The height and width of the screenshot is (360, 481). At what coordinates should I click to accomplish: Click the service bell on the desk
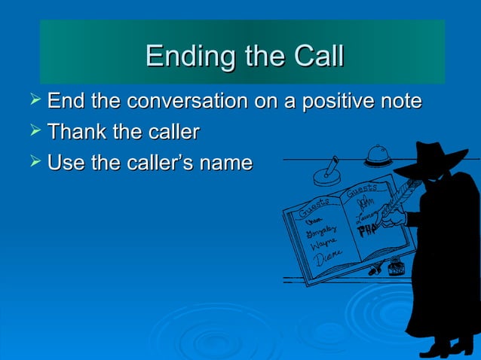(x=377, y=157)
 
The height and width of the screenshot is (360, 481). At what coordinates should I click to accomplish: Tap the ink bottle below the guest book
(x=394, y=266)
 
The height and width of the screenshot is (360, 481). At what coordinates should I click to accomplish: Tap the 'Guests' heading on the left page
(x=312, y=204)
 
